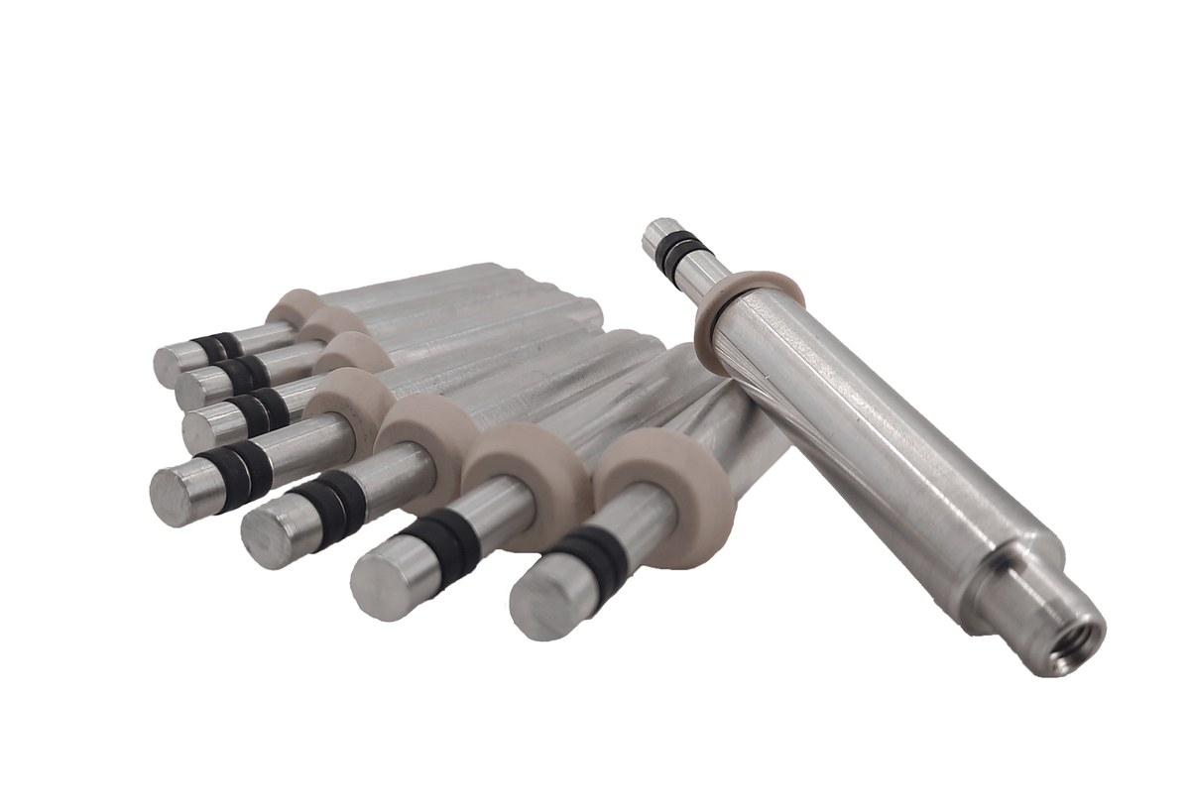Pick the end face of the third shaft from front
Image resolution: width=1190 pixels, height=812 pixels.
pyautogui.click(x=269, y=535)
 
